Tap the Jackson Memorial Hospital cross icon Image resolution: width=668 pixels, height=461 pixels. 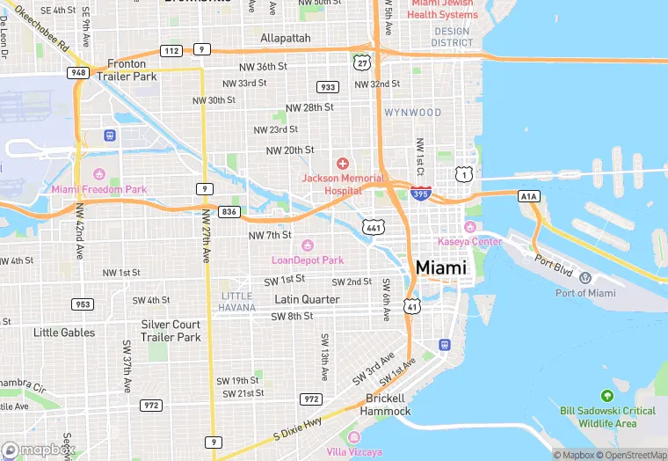[x=343, y=164]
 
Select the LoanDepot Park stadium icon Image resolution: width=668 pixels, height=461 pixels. [x=307, y=245]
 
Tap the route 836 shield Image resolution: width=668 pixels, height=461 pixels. [x=229, y=212]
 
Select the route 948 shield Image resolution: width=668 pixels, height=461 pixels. [x=78, y=72]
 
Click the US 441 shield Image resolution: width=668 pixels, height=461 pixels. [x=374, y=227]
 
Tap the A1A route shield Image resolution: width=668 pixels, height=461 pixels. [x=527, y=195]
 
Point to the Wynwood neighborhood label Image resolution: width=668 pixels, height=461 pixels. [x=412, y=113]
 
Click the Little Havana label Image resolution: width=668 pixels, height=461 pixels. [x=237, y=301]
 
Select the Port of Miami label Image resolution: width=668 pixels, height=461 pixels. [x=585, y=293]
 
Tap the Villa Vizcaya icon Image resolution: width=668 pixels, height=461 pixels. [x=354, y=438]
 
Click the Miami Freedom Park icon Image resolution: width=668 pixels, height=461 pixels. [x=99, y=174]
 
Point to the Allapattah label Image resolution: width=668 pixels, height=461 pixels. [x=286, y=39]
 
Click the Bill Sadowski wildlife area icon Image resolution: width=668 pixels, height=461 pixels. [x=606, y=397]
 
